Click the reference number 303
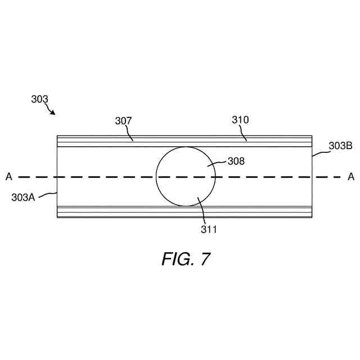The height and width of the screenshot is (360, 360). point(39,99)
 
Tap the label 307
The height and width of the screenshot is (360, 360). point(124,120)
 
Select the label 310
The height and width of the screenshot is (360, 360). point(240,119)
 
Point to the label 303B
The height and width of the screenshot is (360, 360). point(340,146)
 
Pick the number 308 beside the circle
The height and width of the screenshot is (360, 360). point(236,161)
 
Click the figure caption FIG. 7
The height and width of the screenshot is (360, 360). point(186,259)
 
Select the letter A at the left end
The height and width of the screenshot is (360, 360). point(8,177)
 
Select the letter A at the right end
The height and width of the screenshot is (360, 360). point(351,177)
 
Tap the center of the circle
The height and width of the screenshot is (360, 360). point(185,177)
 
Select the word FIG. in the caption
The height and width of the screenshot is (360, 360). point(177,259)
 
